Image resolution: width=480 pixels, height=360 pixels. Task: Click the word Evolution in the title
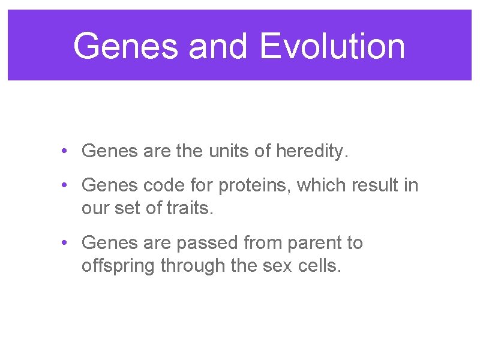332,46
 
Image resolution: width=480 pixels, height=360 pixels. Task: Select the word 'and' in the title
217,46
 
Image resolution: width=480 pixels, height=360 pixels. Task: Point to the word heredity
311,151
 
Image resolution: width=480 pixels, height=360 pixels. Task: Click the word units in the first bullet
222,151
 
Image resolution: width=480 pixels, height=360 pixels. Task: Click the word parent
316,243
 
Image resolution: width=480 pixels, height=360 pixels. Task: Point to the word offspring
118,266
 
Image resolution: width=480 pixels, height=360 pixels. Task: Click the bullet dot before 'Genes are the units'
64,151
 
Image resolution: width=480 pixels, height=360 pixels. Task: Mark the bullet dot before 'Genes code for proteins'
64,185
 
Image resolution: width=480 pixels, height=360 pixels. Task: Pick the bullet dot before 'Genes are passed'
64,243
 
